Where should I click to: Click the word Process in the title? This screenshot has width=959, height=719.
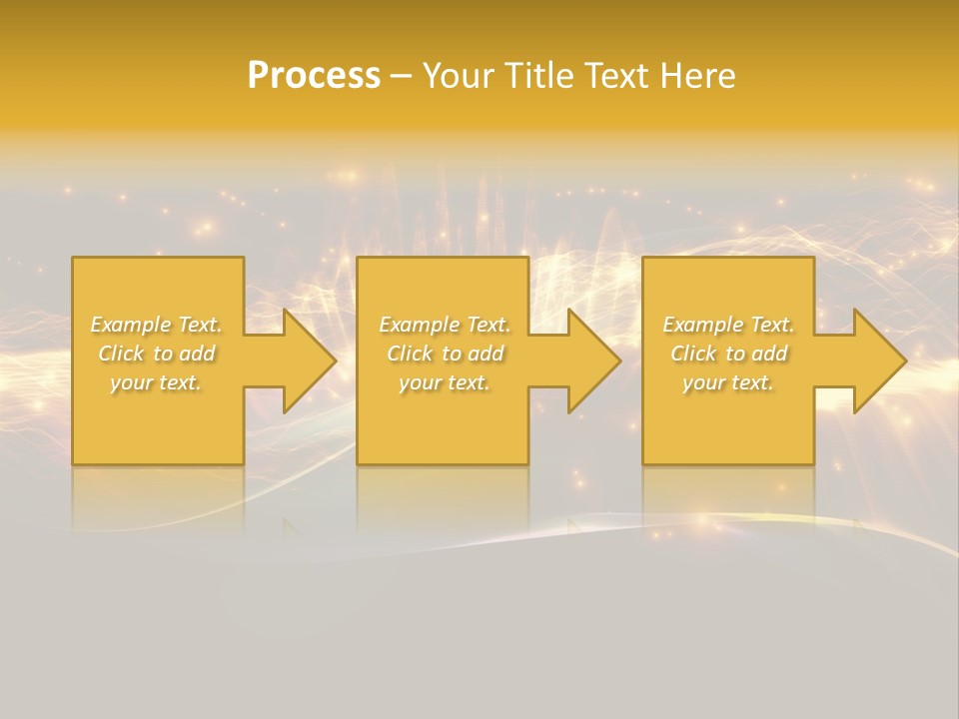pos(314,76)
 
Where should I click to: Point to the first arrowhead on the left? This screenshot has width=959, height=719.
pos(306,360)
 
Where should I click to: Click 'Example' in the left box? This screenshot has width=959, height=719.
pos(129,325)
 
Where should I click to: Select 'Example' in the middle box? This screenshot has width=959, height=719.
pos(418,325)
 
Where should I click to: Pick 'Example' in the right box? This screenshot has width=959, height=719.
pos(701,325)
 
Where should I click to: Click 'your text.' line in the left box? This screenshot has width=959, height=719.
pos(156,382)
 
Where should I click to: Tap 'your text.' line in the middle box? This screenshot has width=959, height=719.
pos(445,382)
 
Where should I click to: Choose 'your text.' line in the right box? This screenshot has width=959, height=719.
pos(728,382)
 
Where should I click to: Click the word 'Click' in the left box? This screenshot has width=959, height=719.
pos(121,354)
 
